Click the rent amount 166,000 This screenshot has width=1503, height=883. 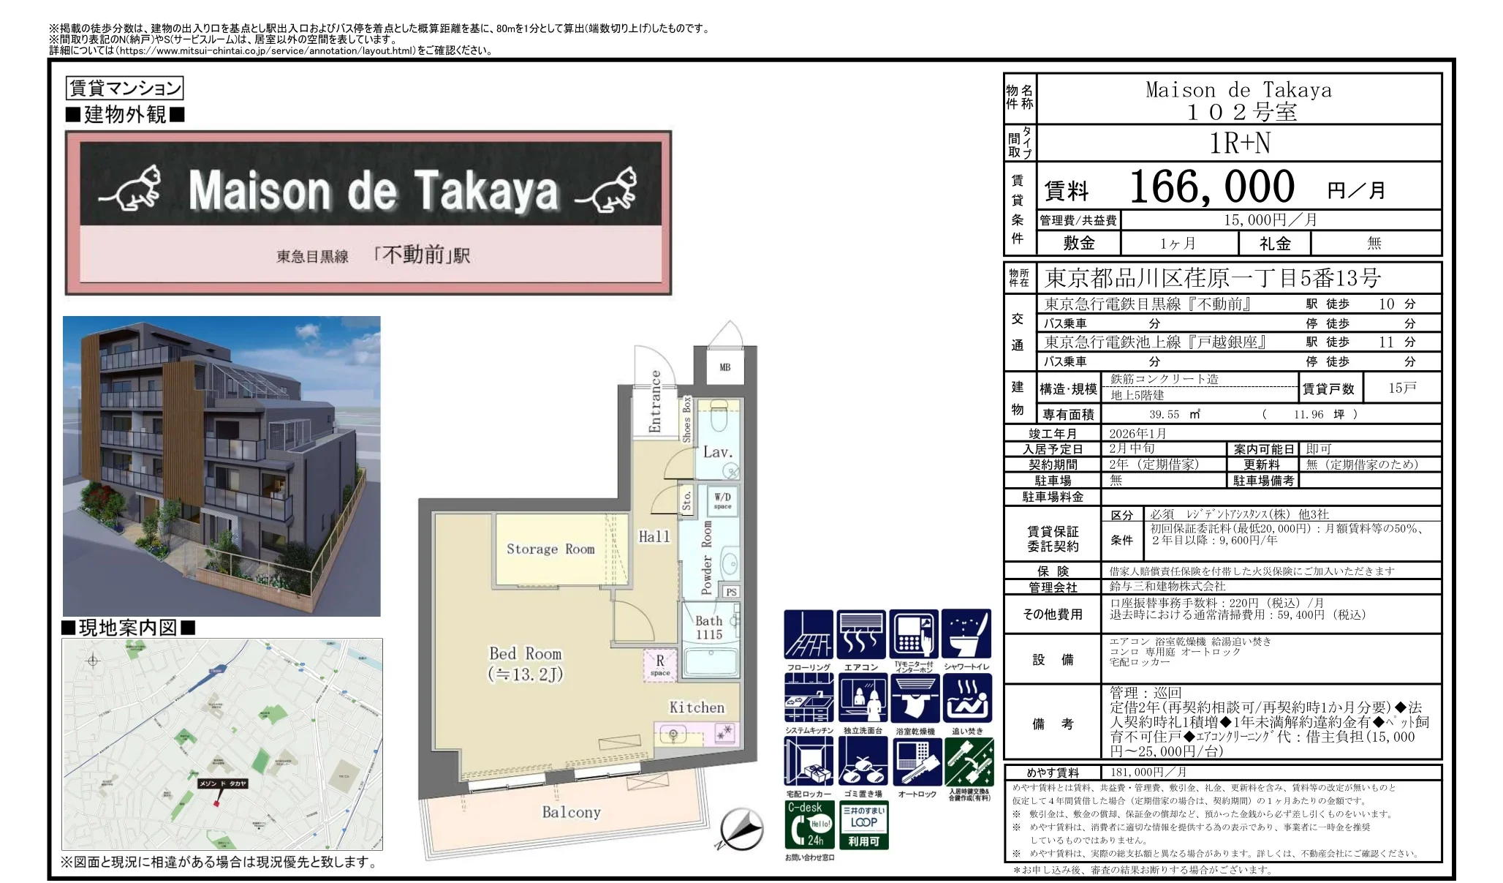point(1212,187)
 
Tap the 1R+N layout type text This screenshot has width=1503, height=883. point(1240,143)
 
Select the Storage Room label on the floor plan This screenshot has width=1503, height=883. point(550,549)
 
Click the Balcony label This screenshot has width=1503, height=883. point(571,812)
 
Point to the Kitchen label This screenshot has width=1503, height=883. point(697,707)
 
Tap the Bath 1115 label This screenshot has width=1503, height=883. point(708,628)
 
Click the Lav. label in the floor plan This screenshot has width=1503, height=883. point(717,452)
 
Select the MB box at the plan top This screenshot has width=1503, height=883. point(724,367)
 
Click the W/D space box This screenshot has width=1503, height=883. point(722,500)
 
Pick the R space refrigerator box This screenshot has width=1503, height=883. point(659,666)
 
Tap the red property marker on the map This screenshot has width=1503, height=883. point(216,803)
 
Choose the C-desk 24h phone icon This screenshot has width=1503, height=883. point(809,824)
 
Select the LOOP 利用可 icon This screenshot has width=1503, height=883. point(863,824)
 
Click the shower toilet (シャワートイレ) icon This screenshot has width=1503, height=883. point(966,634)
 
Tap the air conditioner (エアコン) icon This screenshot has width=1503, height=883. point(861,634)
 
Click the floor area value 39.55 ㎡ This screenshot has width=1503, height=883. point(1175,414)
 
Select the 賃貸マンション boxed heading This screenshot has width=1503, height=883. point(124,88)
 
